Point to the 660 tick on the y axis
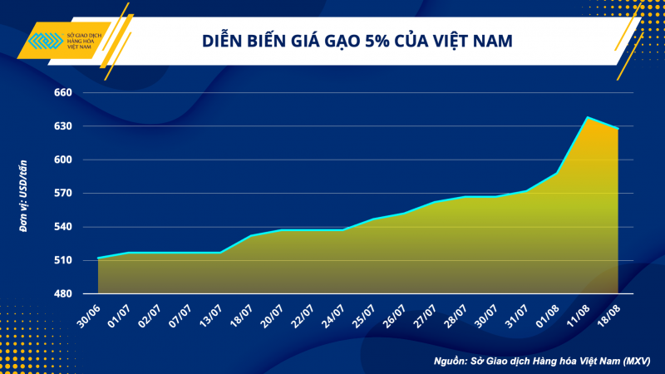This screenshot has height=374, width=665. coord(63,93)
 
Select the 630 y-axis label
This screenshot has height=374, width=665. coord(63,126)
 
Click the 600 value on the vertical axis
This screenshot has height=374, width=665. coord(63,160)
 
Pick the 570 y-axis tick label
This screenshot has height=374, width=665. coord(63,194)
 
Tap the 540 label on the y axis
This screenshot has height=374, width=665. coord(63,227)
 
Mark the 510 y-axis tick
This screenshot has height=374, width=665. coord(63,261)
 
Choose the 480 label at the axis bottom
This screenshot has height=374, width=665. coord(63,294)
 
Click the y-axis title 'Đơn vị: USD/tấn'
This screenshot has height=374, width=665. coord(24,194)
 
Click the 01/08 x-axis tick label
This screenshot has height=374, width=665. coord(546,314)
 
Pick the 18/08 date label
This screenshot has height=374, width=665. coord(608,314)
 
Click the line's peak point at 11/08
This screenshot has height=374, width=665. coord(588,117)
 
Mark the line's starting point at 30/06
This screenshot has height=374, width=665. coord(98,258)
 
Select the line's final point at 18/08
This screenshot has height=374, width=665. coord(618,129)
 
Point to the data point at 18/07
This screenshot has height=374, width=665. coord(251,235)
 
